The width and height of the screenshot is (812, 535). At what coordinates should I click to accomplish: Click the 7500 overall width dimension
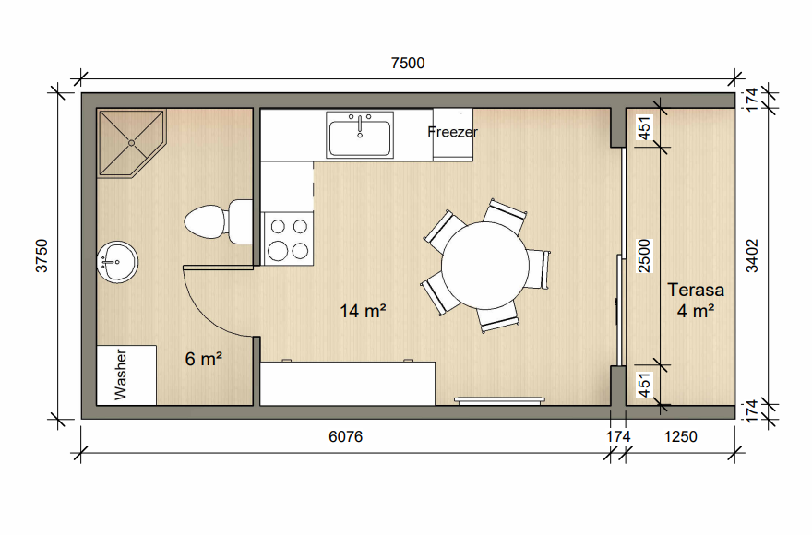click(408, 63)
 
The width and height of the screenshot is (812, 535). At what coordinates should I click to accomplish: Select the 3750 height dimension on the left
click(42, 256)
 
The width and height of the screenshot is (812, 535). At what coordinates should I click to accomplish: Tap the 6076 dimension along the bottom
click(345, 436)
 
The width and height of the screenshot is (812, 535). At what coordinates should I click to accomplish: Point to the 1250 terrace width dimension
click(680, 436)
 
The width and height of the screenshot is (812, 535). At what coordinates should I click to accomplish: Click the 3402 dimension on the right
click(752, 256)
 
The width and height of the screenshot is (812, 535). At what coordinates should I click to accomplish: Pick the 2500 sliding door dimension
click(644, 256)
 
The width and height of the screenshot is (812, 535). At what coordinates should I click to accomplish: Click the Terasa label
click(696, 290)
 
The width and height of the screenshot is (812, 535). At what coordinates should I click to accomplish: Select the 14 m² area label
click(363, 311)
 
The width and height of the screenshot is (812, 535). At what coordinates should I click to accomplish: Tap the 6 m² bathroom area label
click(204, 359)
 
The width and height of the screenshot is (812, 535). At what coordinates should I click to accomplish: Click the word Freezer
click(453, 132)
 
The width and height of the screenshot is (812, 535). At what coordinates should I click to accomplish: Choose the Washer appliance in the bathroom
click(126, 375)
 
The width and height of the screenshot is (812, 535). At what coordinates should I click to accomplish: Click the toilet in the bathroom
click(218, 221)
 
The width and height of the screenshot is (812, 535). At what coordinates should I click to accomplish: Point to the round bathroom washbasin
click(117, 262)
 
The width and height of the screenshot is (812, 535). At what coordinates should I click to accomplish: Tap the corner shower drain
click(132, 143)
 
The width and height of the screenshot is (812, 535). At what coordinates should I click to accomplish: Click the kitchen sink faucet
click(360, 125)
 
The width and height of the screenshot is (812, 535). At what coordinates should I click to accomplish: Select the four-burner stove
click(289, 239)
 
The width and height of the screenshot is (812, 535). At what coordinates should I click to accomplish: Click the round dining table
click(484, 265)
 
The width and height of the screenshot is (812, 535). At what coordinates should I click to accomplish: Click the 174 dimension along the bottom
click(618, 436)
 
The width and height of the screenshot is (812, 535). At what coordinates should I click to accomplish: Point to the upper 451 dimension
click(644, 128)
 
